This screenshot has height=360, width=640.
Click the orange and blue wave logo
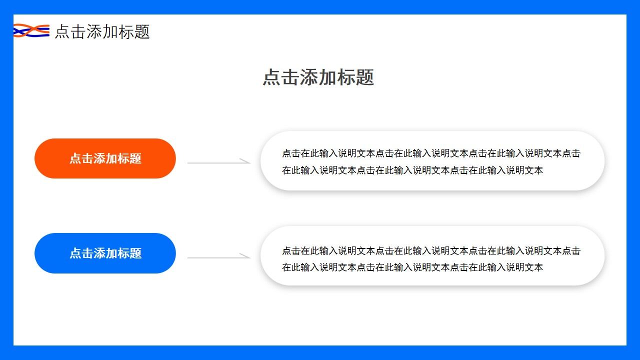pos(31,31)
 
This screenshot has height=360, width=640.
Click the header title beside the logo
pos(102,31)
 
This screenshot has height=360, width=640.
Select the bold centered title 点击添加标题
pos(318,77)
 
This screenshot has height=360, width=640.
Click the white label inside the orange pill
pos(105,158)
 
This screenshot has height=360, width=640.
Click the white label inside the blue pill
pos(105,253)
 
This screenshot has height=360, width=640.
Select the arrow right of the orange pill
pos(218,162)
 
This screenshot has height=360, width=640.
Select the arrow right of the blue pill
pos(218,257)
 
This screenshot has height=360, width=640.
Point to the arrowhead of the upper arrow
pos(246,161)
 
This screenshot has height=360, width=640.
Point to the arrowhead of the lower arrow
pos(246,256)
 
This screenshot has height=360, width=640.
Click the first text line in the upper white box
pos(431,153)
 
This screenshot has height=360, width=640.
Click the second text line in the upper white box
pos(412,170)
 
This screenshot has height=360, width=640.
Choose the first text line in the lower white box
pos(431,250)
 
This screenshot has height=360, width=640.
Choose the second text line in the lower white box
pos(412,267)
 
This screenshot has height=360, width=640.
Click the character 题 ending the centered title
pos(365,77)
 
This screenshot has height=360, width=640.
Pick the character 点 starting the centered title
pos(272,77)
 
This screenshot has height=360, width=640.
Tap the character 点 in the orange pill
pos(75,158)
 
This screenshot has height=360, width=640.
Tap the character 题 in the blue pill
pos(135,253)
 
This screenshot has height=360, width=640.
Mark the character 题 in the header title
pos(142,31)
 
